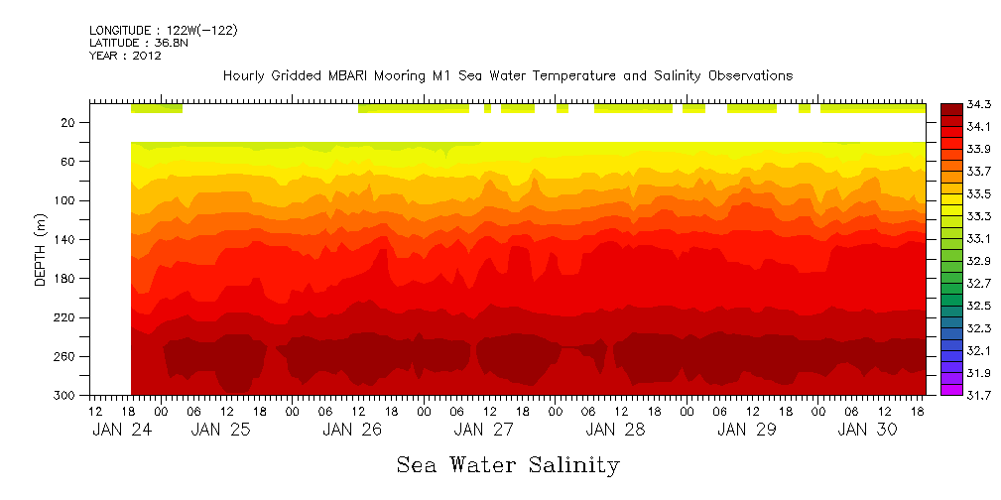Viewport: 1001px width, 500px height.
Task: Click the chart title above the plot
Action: coord(508,75)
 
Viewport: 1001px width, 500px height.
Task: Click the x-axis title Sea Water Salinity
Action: coord(508,464)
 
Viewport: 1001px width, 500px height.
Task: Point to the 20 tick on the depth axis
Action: coord(67,122)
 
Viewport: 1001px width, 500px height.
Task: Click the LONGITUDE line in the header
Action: coord(164,31)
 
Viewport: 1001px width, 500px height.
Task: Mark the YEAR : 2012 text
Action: coord(126,57)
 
